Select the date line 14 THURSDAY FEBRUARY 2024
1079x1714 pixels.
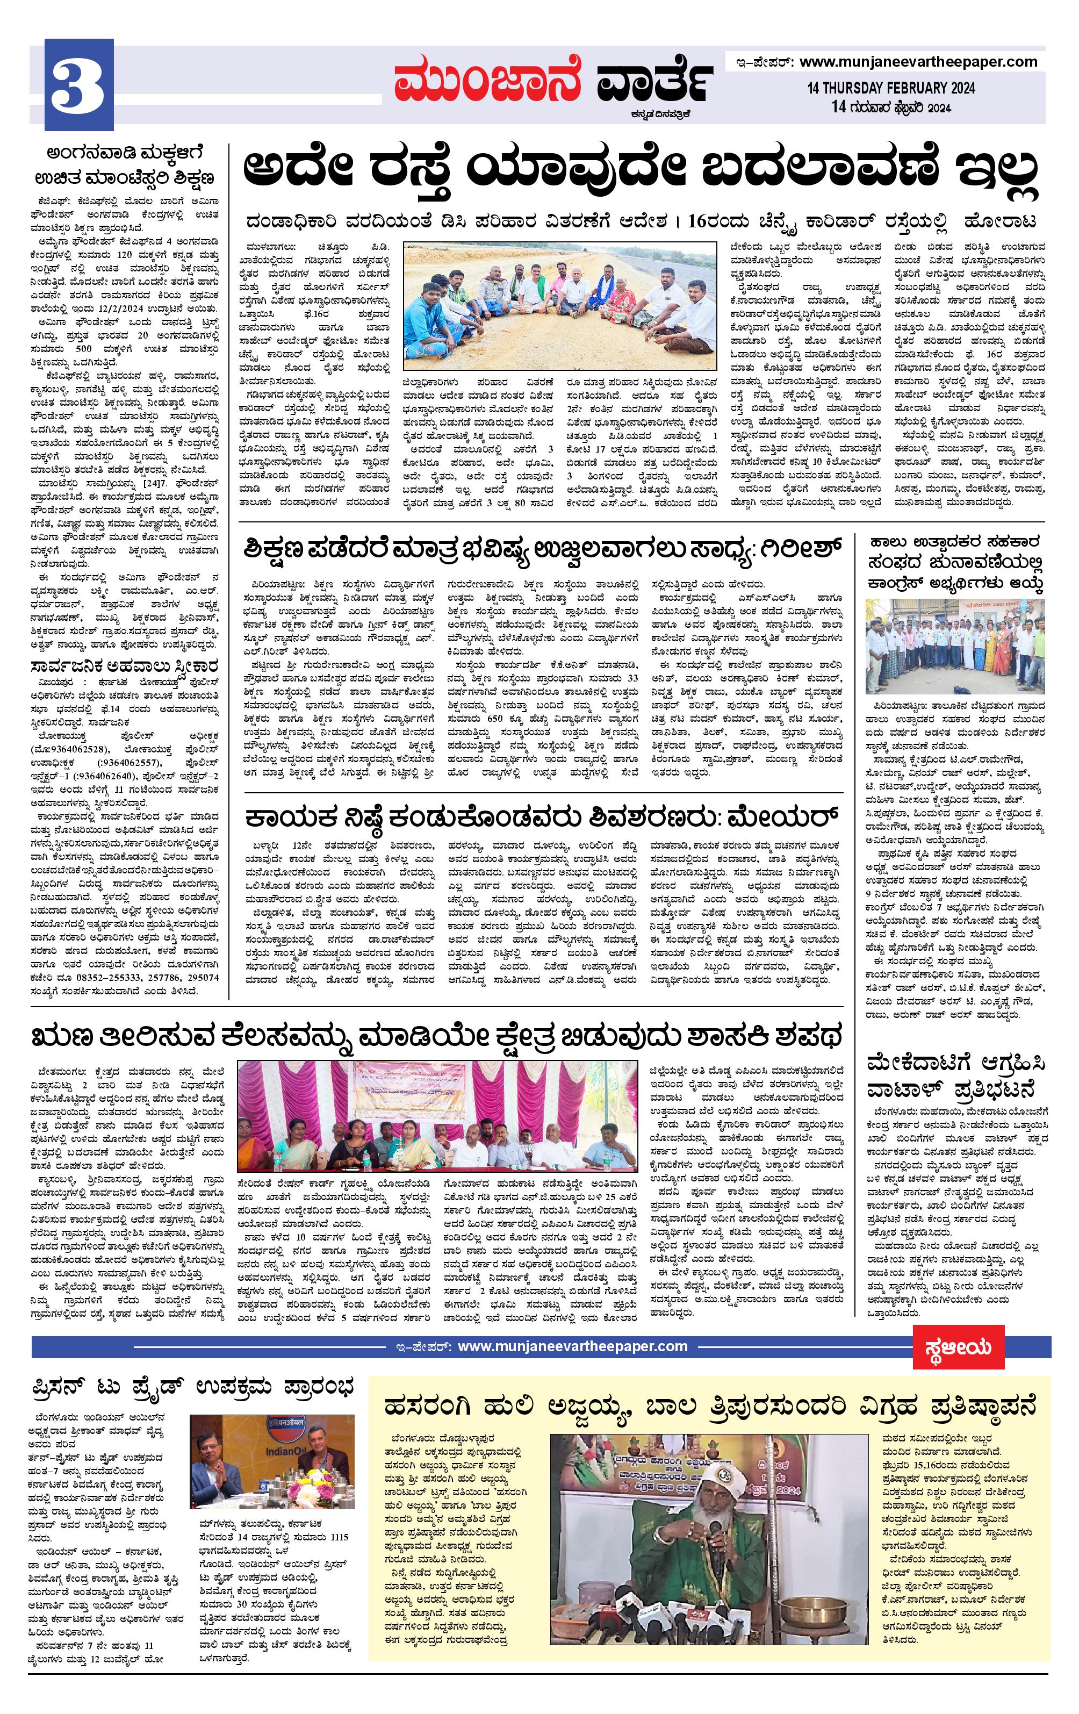(x=890, y=88)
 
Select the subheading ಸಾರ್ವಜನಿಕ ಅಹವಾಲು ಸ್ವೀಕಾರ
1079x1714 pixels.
(x=123, y=667)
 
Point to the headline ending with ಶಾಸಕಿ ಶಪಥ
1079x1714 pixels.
(x=437, y=1036)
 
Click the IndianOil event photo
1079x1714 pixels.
(x=272, y=1459)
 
